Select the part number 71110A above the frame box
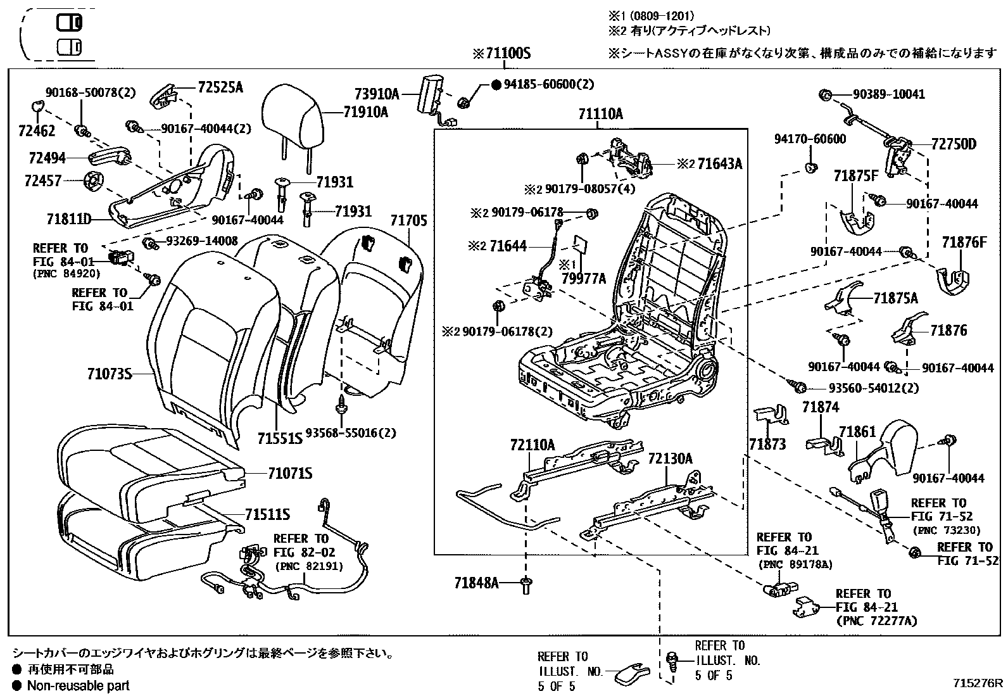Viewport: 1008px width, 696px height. pos(600,114)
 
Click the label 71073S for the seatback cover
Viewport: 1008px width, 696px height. pos(110,374)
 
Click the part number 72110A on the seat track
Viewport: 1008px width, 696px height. pos(532,445)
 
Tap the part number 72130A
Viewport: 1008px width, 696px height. pos(670,459)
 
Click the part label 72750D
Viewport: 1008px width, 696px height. pos(954,144)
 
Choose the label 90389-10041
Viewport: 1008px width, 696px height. pos(888,94)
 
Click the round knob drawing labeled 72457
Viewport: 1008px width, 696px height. pos(93,182)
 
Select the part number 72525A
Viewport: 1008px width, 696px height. pos(220,87)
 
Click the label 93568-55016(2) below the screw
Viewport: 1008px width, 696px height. pos(351,433)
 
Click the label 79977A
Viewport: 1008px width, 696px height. pos(584,278)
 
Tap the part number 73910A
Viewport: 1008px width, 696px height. pos(377,94)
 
